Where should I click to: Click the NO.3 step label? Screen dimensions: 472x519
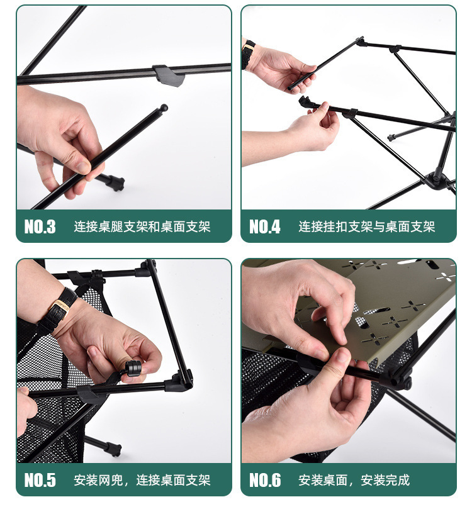[40, 226]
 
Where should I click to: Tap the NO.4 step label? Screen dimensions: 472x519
[265, 226]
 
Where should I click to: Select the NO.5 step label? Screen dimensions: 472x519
[40, 480]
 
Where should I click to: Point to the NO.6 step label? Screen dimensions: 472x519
[265, 480]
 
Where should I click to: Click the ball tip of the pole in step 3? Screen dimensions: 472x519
[164, 108]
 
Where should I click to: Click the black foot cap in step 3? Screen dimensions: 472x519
[116, 182]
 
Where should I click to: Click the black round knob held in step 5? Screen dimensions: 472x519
[133, 369]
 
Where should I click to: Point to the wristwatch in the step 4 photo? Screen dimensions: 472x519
[248, 54]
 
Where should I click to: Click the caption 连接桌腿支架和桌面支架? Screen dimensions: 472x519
[142, 226]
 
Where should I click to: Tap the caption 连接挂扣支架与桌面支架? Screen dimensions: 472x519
[367, 226]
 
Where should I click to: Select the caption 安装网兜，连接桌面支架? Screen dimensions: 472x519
[142, 480]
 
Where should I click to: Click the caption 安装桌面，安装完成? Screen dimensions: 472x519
[354, 480]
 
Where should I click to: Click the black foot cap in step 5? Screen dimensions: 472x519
[115, 450]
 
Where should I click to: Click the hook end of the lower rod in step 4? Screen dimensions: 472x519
[305, 101]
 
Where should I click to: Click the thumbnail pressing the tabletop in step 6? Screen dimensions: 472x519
[342, 355]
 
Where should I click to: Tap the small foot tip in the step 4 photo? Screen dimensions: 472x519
[391, 138]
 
